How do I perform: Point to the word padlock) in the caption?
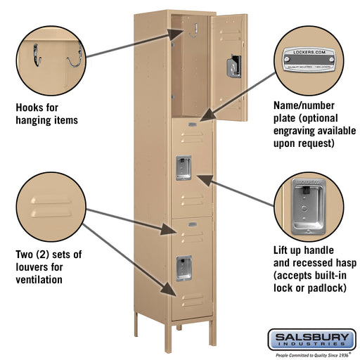333,288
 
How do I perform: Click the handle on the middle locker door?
183,167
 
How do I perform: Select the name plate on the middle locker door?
192,124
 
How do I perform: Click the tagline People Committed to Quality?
311,355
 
